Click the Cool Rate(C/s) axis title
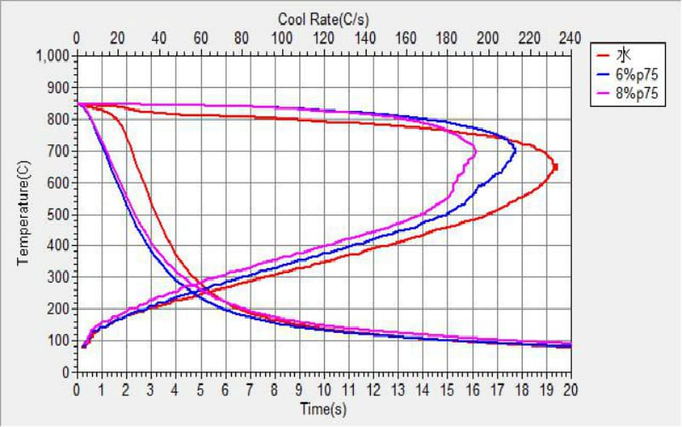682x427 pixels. [x=323, y=18]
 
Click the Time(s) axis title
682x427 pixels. [x=323, y=409]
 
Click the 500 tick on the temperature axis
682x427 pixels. [x=60, y=214]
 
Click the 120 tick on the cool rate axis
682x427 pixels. [x=324, y=38]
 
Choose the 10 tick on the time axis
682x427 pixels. [x=324, y=389]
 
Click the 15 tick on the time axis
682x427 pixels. [x=447, y=389]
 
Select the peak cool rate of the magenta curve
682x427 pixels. [x=475, y=152]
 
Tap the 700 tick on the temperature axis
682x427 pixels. [x=60, y=151]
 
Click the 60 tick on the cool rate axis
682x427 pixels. [x=200, y=38]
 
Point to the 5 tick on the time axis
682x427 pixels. [x=200, y=389]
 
